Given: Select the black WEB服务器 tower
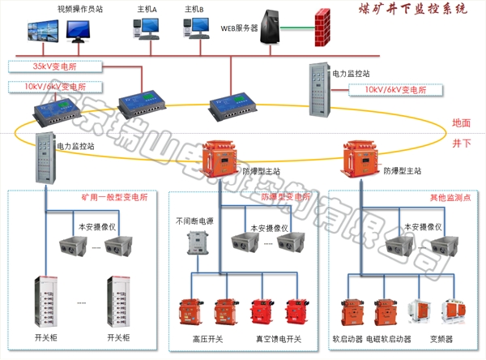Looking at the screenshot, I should click(x=272, y=24).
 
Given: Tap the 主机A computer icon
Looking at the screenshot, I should click(x=146, y=26).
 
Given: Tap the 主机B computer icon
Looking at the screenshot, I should click(x=194, y=26).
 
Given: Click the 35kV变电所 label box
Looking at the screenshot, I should click(x=50, y=66).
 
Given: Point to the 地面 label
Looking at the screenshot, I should click(x=462, y=123).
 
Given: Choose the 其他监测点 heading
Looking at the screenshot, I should click(x=450, y=197).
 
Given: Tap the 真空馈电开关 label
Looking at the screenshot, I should click(x=277, y=338).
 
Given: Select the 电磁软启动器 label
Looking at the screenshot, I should click(x=389, y=338).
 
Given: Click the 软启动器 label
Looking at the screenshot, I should click(x=348, y=338).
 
